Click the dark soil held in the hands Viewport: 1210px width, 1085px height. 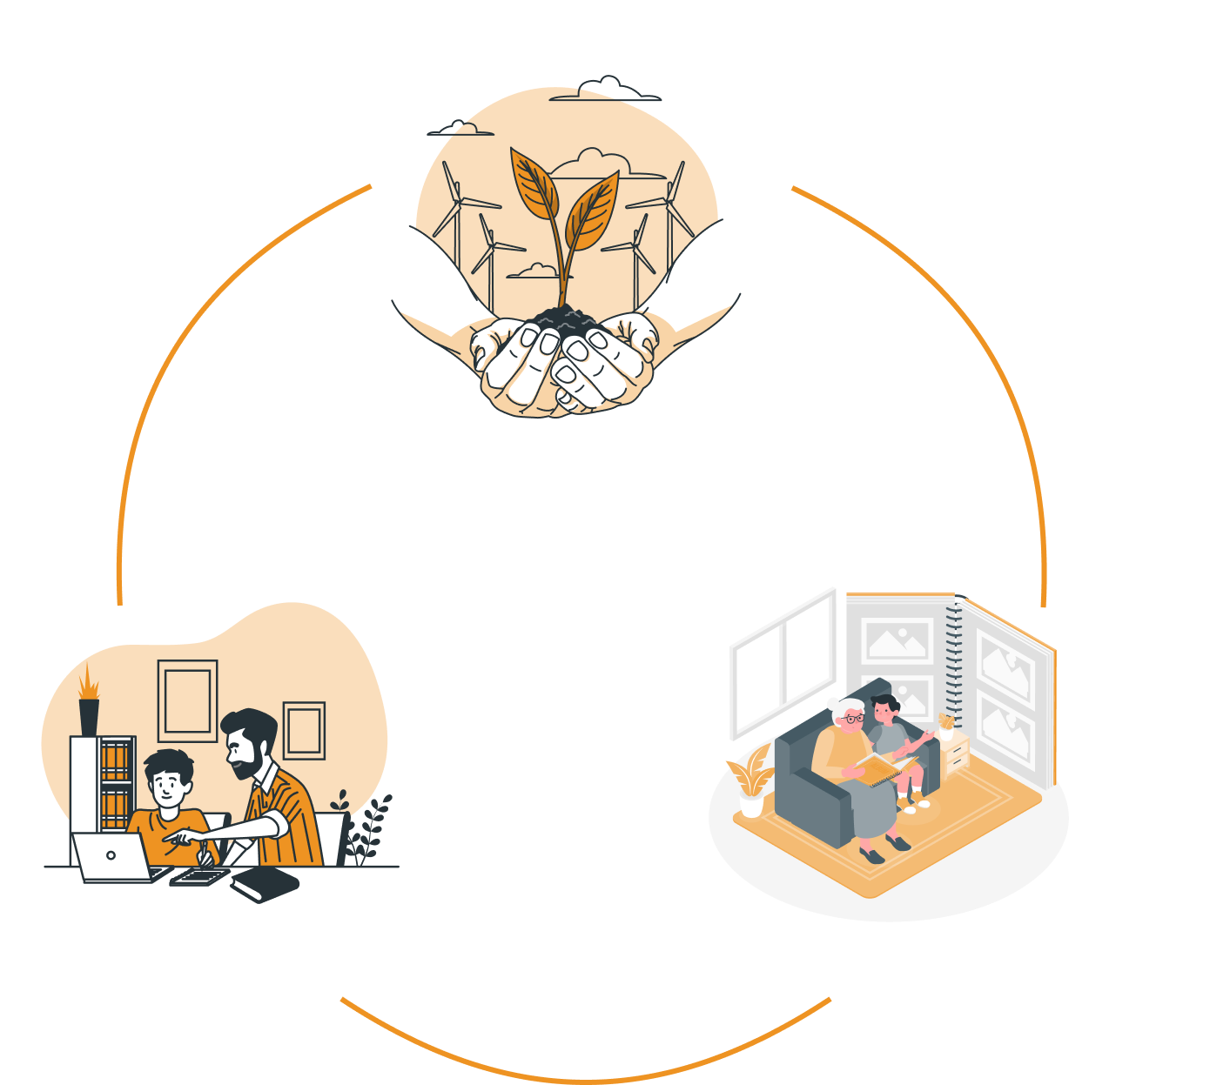[564, 320]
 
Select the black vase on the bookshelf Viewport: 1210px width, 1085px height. [89, 715]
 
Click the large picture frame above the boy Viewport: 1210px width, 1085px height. [187, 700]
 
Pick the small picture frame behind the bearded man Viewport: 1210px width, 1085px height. [304, 730]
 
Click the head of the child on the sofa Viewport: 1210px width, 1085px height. [884, 709]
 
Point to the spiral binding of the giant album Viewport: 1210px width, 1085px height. [953, 661]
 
